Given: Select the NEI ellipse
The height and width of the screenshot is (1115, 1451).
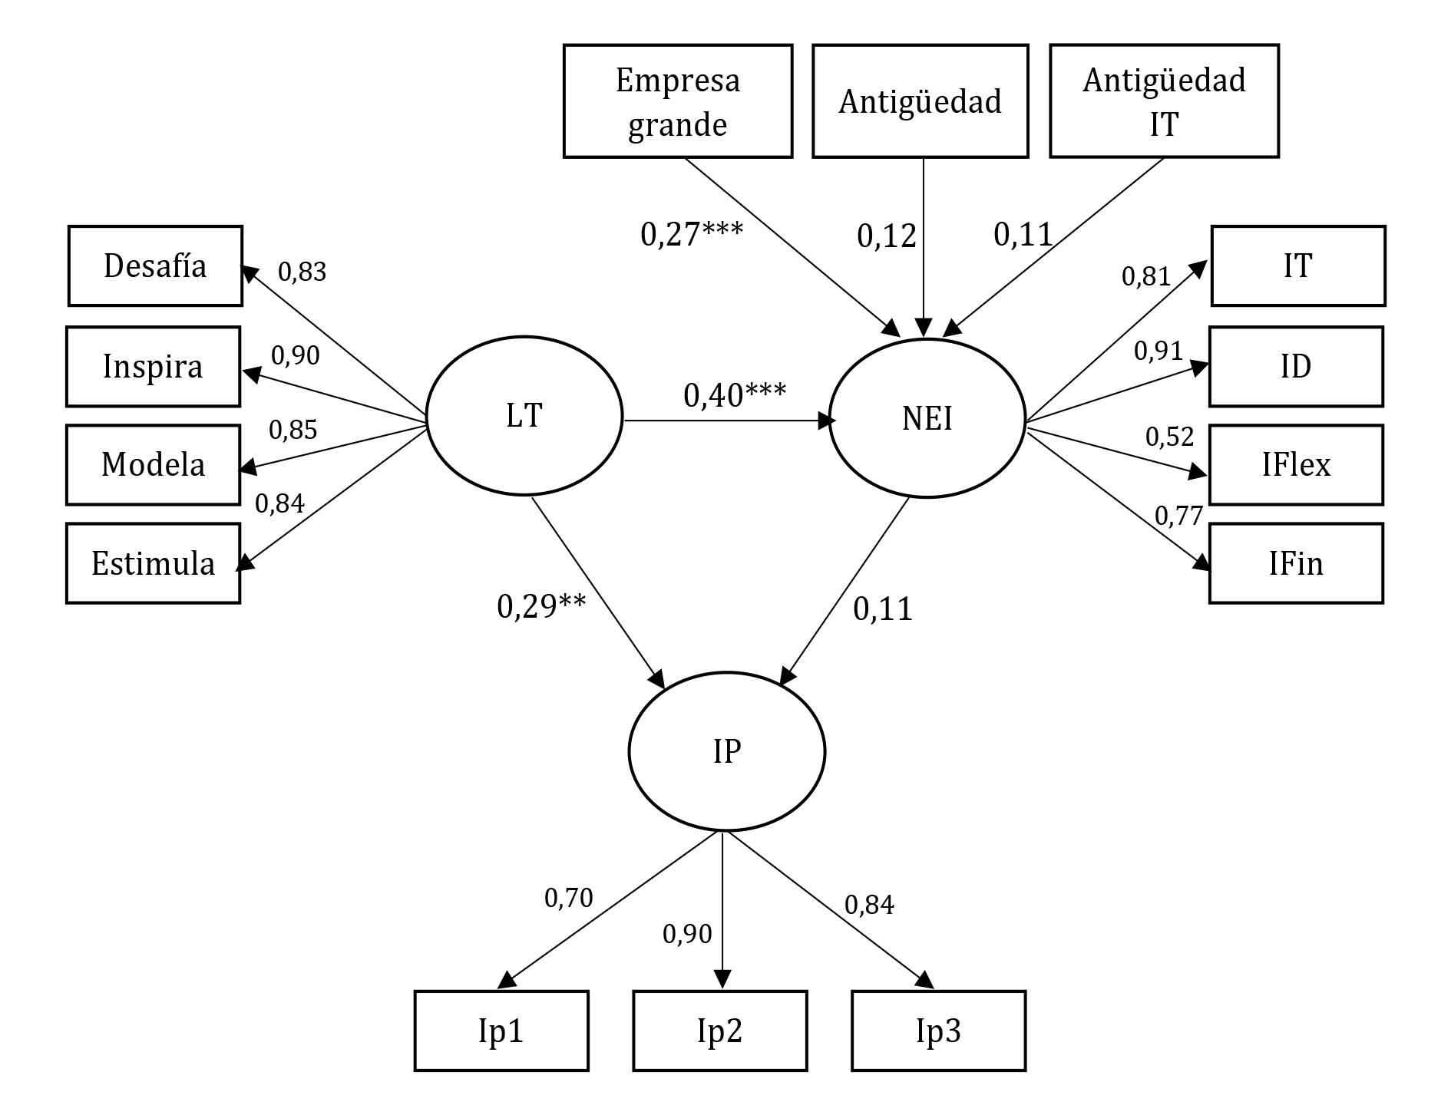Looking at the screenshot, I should (x=927, y=418).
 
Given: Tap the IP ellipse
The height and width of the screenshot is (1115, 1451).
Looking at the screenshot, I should (x=726, y=751).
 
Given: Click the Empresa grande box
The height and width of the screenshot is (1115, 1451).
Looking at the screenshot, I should (x=678, y=101).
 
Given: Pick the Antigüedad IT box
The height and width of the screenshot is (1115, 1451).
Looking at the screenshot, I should (x=1164, y=101).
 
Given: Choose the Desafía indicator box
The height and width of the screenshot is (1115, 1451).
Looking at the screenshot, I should (x=155, y=266).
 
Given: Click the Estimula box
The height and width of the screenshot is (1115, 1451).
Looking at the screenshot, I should (x=154, y=563).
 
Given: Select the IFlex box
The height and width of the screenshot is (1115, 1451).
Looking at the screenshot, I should (x=1296, y=465).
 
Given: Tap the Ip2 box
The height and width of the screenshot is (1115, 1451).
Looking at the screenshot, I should (x=719, y=1031).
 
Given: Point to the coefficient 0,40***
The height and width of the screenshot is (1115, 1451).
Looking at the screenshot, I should (x=735, y=395).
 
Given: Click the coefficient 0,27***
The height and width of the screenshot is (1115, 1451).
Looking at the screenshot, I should (x=692, y=234).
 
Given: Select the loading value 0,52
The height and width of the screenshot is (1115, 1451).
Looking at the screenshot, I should (x=1169, y=437).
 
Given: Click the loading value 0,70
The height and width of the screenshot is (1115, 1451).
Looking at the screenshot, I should (x=568, y=897).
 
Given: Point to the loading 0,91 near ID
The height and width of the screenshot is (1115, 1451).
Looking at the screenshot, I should (x=1158, y=351).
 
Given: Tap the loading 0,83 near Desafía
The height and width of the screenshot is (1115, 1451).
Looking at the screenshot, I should (x=302, y=272).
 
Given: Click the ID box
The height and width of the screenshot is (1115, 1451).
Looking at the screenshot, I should (x=1296, y=366).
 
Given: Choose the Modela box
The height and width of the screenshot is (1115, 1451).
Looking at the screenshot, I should (x=154, y=465).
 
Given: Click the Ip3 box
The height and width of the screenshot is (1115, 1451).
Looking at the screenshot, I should (x=938, y=1031).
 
